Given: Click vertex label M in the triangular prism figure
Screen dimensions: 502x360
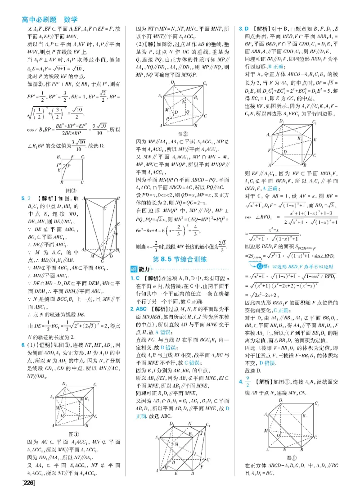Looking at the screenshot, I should point(93,255).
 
